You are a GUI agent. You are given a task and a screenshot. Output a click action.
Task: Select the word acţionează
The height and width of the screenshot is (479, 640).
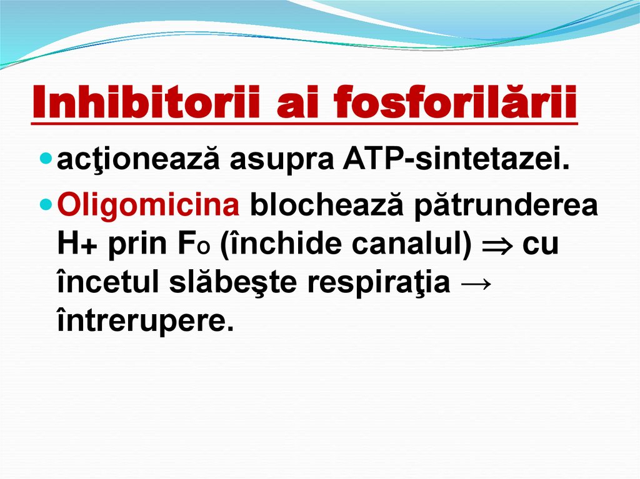point(139,160)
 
